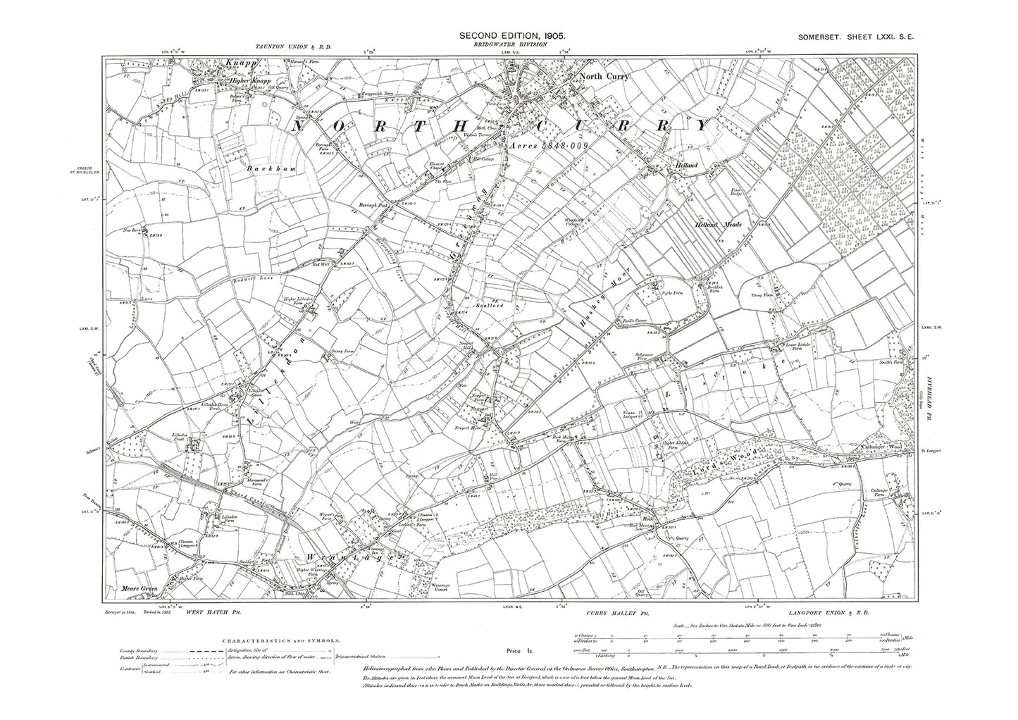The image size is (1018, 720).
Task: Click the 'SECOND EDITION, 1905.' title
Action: [x=512, y=35]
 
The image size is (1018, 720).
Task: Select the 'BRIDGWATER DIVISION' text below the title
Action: [x=512, y=44]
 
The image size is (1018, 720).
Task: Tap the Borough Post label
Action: [x=365, y=206]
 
